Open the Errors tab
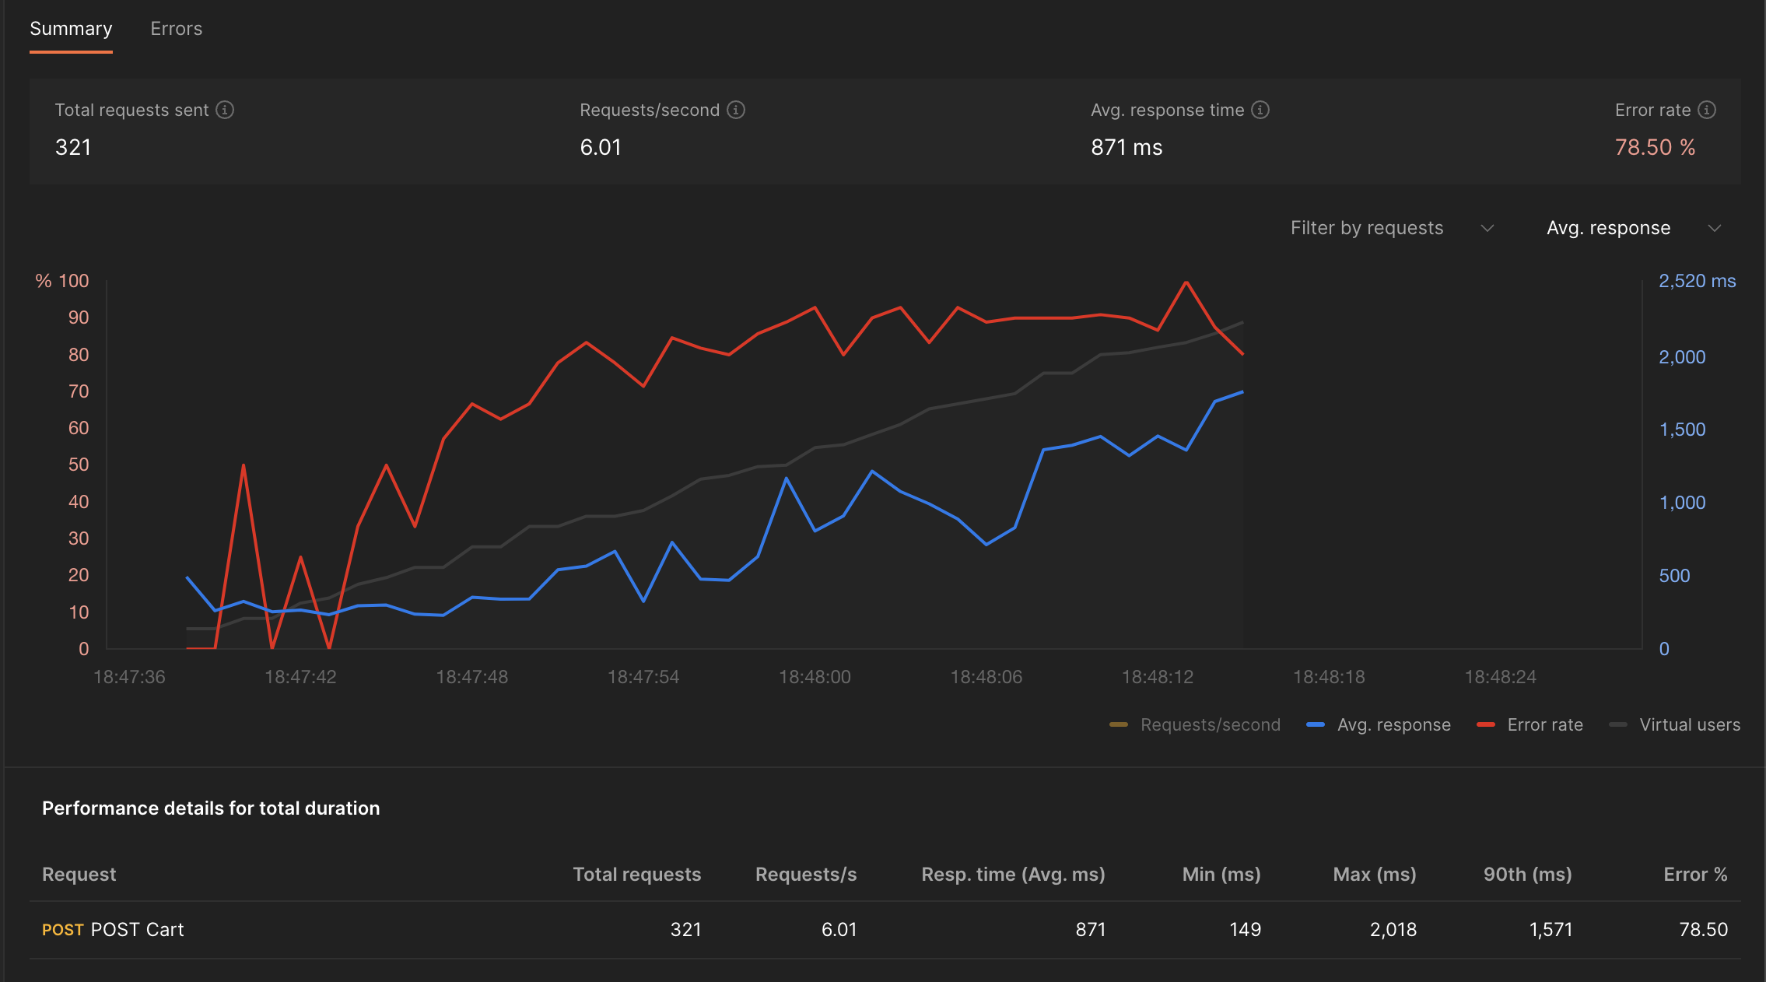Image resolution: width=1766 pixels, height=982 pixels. click(x=176, y=29)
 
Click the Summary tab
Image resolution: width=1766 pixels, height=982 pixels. click(x=71, y=29)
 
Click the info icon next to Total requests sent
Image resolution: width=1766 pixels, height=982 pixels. click(x=225, y=110)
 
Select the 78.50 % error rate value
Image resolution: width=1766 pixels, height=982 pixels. click(x=1655, y=147)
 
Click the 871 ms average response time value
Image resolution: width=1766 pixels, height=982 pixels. click(x=1126, y=147)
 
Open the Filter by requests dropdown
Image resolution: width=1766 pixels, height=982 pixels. click(x=1391, y=228)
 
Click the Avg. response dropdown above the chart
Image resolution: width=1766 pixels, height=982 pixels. click(x=1632, y=228)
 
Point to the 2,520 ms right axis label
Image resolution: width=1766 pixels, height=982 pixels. click(x=1697, y=281)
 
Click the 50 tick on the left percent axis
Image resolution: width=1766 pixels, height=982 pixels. click(x=79, y=465)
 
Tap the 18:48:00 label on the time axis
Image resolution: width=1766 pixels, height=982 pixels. click(x=815, y=677)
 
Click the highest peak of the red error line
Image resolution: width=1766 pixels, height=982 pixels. click(x=1186, y=282)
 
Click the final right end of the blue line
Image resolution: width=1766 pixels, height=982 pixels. click(x=1242, y=392)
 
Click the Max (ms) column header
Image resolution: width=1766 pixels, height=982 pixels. click(x=1374, y=874)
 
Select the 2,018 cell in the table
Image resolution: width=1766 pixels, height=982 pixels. click(x=1393, y=929)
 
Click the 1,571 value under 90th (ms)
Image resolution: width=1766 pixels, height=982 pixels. click(x=1550, y=929)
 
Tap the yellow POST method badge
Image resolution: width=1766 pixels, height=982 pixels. click(x=62, y=930)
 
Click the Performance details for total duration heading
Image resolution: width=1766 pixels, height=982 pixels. click(x=211, y=808)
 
